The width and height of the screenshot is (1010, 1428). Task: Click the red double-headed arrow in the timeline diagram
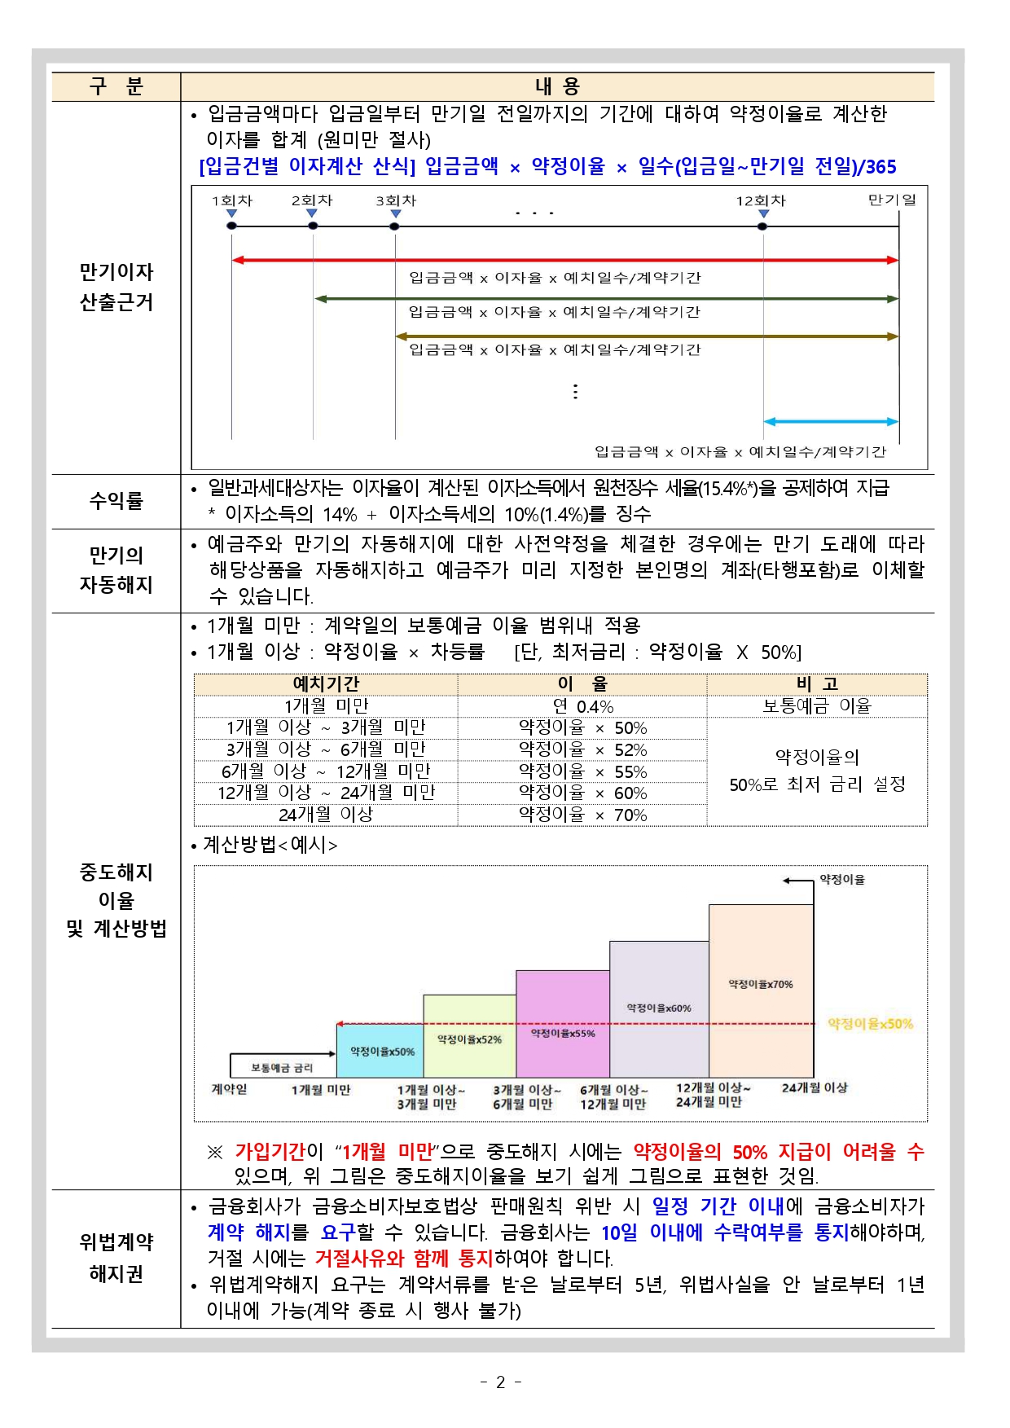pos(564,260)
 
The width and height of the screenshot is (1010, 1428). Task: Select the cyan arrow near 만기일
pos(830,422)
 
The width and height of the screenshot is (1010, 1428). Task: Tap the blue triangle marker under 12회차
pos(763,214)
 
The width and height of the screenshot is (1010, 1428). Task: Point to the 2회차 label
pos(312,200)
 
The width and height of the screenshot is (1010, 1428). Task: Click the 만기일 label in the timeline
pos(892,200)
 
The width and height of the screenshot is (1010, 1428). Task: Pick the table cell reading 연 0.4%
pos(582,706)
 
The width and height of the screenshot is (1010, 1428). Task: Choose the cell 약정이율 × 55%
pos(582,771)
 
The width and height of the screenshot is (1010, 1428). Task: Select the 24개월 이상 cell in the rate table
pos(325,815)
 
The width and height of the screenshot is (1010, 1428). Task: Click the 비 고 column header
pos(817,684)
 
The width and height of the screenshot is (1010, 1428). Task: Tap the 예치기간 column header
pos(325,684)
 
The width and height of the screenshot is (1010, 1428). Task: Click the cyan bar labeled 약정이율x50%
pos(380,1052)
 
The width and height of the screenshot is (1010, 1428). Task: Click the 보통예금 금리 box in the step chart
pos(282,1066)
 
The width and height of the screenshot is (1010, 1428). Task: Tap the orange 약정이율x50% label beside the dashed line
pos(870,1024)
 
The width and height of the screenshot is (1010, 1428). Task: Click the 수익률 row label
pos(116,501)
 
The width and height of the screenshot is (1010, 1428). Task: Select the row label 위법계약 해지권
pos(116,1258)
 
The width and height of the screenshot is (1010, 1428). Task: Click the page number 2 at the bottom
pos(500,1382)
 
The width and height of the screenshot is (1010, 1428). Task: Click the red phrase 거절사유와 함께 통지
pos(404,1259)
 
